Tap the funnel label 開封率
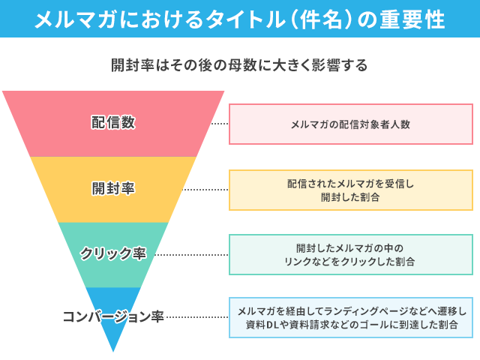coord(113,188)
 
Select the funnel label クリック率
coord(113,253)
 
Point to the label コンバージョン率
coord(113,316)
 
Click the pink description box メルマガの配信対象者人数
coord(350,124)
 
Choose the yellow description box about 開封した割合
coord(350,190)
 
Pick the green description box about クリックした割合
coord(350,254)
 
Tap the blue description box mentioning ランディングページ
coord(350,318)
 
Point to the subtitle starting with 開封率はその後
coord(239,65)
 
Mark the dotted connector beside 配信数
coord(219,124)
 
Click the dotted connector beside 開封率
coord(206,190)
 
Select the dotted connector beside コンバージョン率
coord(197,316)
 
